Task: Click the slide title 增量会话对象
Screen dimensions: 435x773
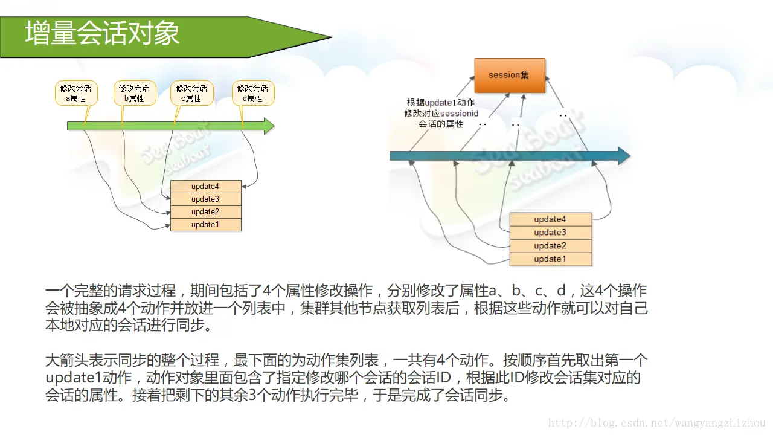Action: coord(102,34)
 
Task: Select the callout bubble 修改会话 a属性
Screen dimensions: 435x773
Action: coord(75,93)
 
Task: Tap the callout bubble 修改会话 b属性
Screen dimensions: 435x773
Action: coord(134,93)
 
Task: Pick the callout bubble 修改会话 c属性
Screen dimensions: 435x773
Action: coord(191,93)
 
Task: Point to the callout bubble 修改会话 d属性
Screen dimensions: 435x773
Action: coord(252,93)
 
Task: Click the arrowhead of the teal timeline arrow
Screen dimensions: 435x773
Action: coord(623,156)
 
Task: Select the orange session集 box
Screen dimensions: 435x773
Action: coord(509,75)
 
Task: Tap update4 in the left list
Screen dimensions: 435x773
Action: coord(205,187)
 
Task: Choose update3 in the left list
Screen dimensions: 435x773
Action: coord(205,199)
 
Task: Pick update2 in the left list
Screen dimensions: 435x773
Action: coord(205,212)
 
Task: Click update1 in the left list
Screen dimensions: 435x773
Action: coord(205,225)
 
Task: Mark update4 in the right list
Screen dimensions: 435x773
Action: coord(550,219)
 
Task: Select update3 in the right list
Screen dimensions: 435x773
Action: coord(550,233)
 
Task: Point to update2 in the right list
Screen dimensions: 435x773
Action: coord(550,246)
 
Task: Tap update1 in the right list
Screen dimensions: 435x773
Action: coord(550,259)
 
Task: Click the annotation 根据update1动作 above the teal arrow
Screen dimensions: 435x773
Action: coord(440,103)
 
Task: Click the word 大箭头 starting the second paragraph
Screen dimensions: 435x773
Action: coord(66,361)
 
